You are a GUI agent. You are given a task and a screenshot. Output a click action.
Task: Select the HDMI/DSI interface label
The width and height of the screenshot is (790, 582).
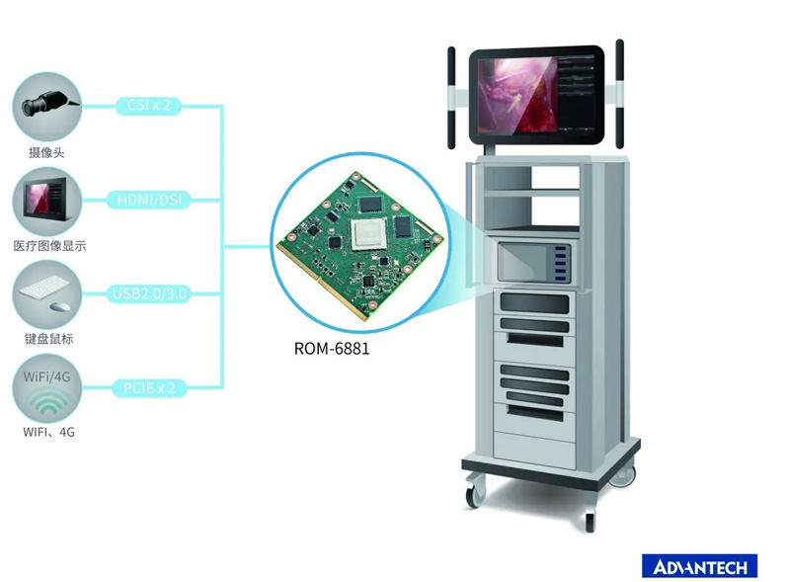tap(149, 201)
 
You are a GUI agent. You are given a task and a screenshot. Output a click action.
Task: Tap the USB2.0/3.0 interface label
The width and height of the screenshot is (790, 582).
tap(148, 293)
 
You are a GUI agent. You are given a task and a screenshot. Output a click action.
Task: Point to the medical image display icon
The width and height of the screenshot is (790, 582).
tap(45, 202)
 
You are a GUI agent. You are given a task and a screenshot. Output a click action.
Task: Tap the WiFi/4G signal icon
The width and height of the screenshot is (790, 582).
tap(45, 389)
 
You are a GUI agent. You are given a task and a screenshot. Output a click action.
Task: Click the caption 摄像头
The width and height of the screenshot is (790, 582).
tap(46, 152)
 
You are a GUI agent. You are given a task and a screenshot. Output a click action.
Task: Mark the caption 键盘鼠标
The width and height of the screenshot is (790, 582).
tap(46, 340)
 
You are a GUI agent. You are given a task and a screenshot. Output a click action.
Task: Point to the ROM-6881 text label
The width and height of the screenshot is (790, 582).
tap(332, 348)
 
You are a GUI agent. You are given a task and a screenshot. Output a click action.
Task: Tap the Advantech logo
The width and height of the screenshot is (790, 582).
tap(699, 565)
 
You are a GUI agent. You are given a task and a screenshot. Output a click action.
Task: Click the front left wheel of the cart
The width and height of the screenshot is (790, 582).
tap(475, 490)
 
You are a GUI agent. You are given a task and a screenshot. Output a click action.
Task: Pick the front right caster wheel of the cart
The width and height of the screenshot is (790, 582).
tap(590, 519)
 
